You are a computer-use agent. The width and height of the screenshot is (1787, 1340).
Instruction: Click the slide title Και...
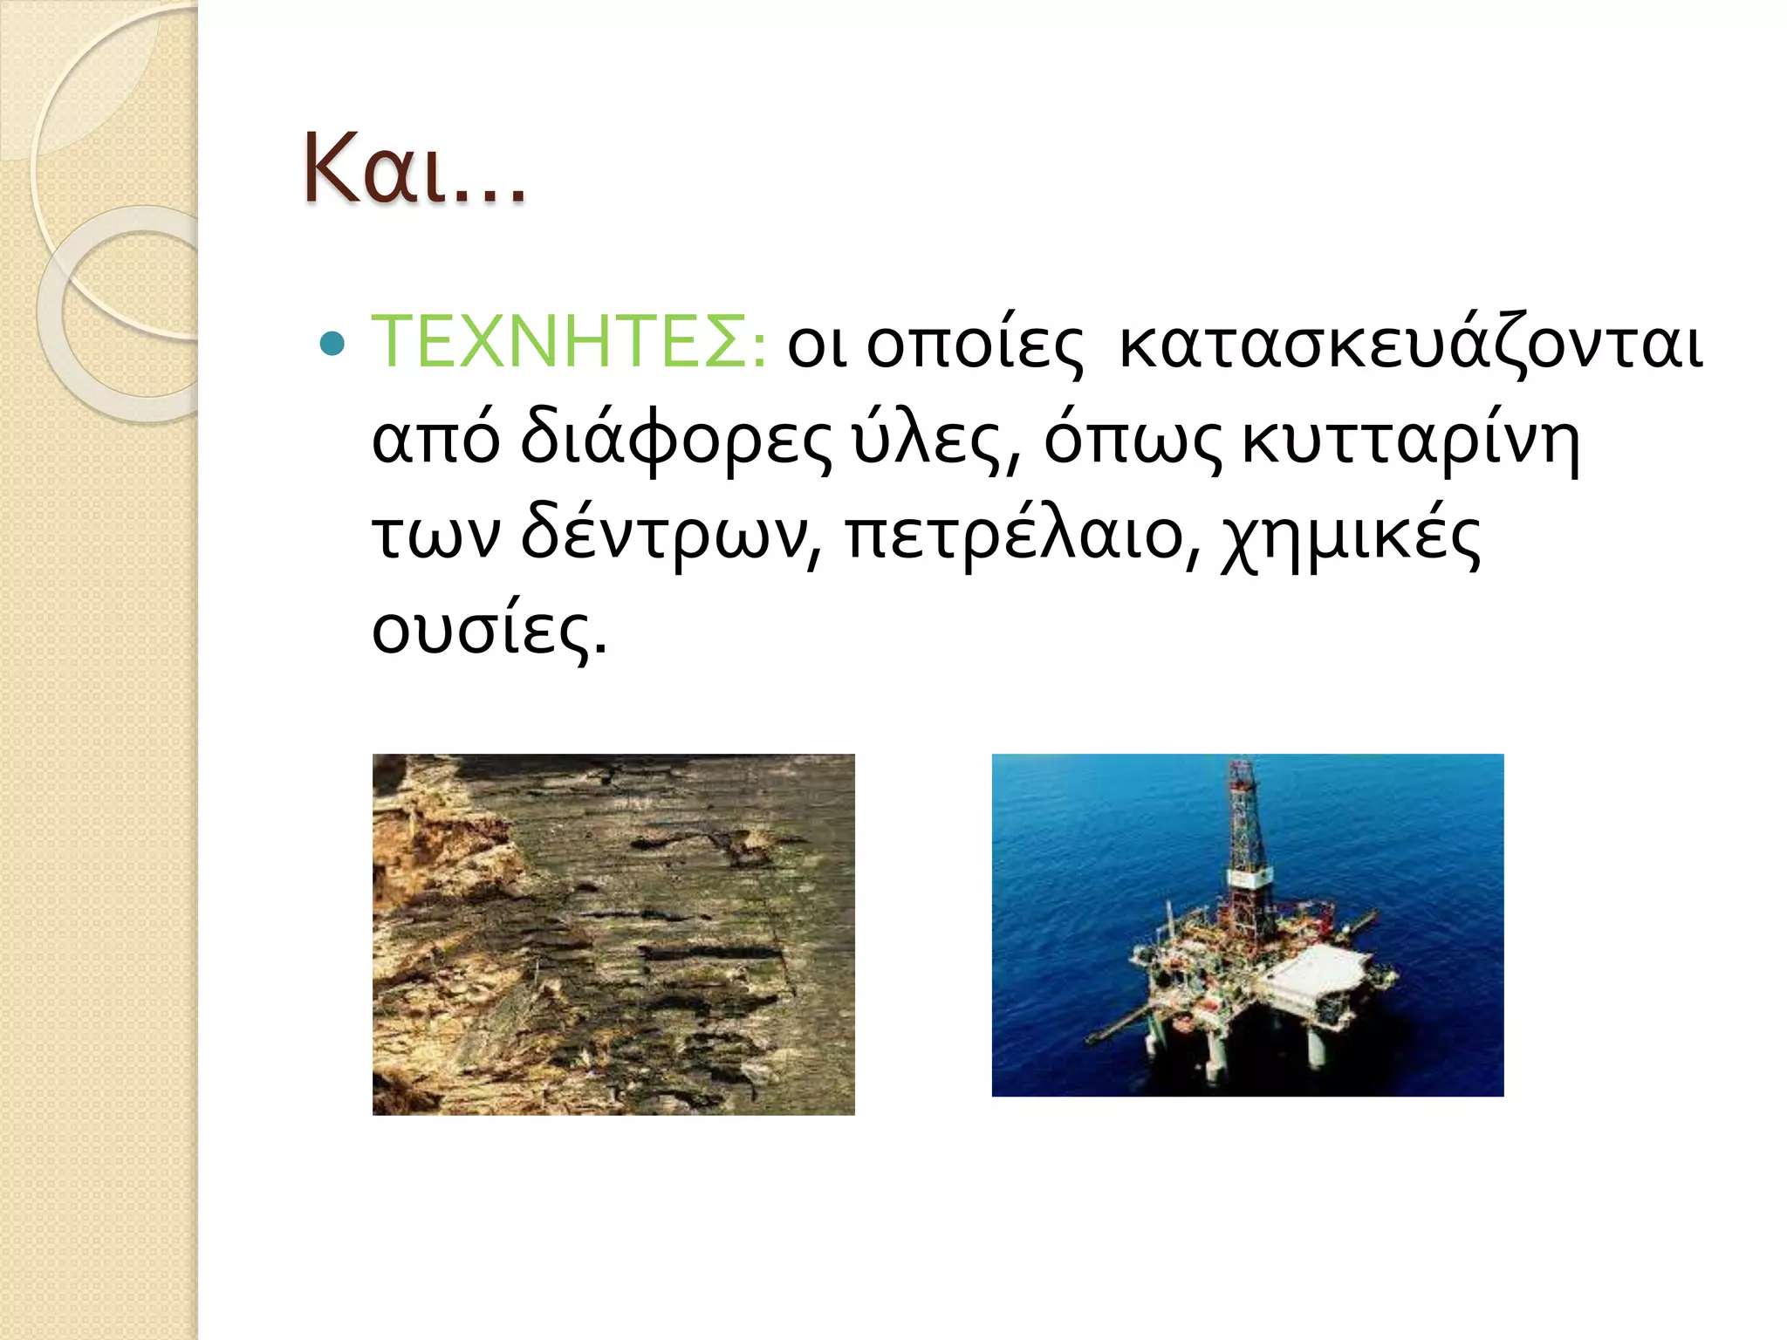click(x=414, y=168)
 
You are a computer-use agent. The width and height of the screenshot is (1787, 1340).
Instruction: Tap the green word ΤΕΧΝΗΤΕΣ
click(x=567, y=342)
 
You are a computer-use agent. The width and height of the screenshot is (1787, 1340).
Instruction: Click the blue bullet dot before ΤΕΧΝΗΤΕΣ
click(x=332, y=344)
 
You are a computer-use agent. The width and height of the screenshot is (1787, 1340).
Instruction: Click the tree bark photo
click(x=613, y=933)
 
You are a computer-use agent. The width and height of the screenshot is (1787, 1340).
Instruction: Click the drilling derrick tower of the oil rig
click(x=1245, y=829)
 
